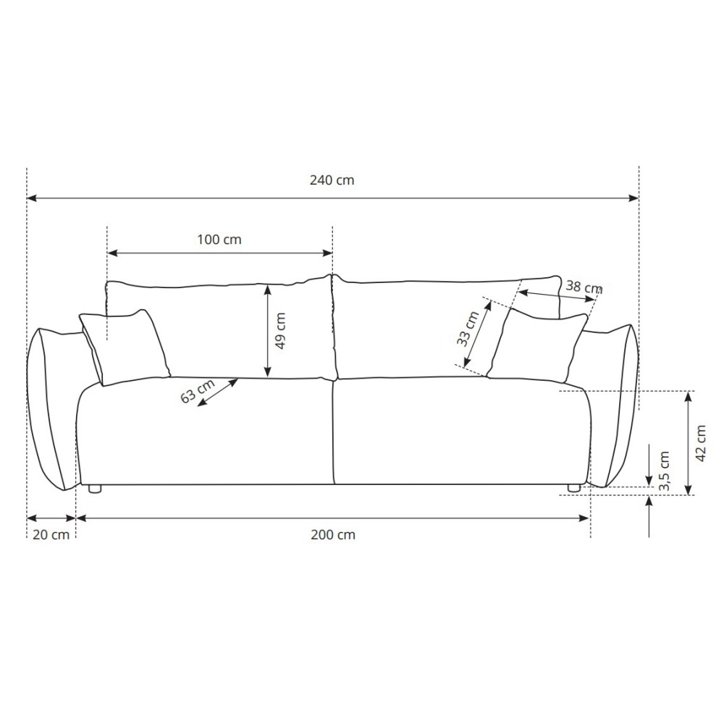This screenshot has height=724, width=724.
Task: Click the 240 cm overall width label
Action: tap(332, 180)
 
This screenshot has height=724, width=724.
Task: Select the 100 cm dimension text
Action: tap(219, 240)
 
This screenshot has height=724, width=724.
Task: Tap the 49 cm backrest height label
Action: tap(279, 331)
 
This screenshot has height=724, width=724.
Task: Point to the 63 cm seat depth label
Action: tap(198, 391)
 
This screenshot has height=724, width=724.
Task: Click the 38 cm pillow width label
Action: tap(584, 287)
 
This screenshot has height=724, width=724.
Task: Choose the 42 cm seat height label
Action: tap(701, 443)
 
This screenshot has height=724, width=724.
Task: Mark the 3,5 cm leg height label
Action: tap(665, 471)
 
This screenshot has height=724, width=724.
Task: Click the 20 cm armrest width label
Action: tap(51, 535)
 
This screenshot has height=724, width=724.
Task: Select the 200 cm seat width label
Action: tap(333, 535)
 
